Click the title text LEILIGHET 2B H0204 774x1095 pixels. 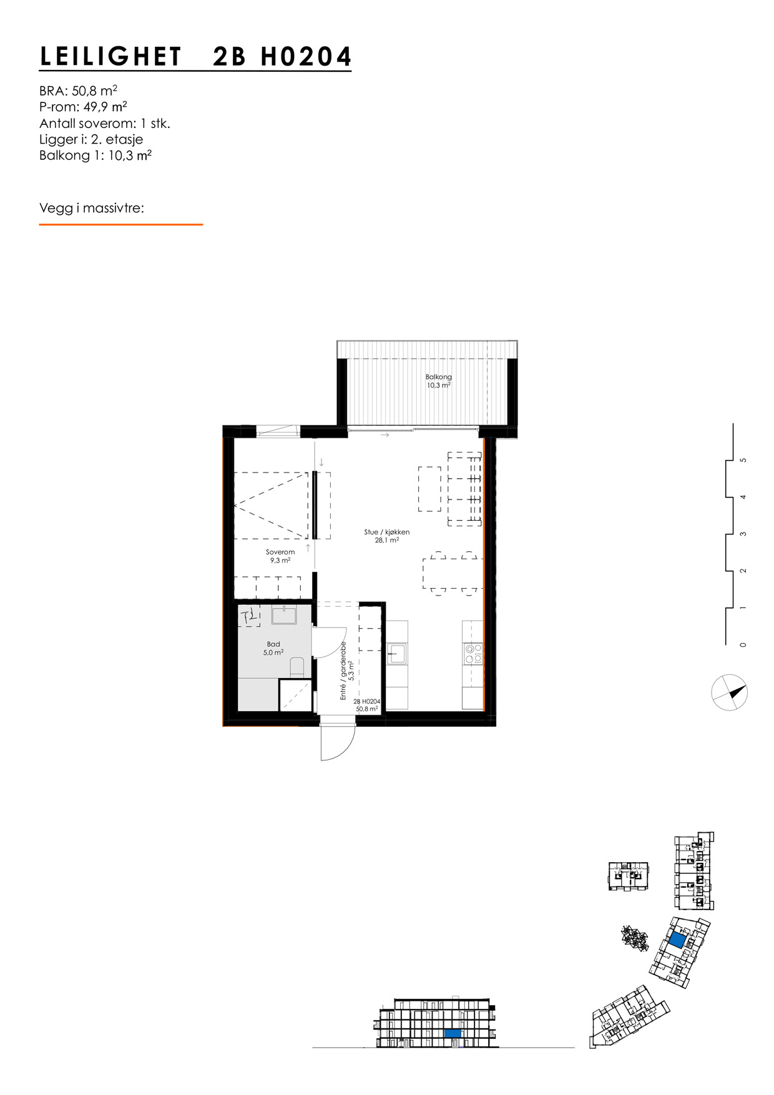point(195,57)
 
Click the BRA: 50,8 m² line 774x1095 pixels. point(78,91)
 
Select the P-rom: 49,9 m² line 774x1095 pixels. point(83,107)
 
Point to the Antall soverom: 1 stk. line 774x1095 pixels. point(104,123)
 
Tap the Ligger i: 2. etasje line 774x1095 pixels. point(91,139)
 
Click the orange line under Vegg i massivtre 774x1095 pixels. point(120,224)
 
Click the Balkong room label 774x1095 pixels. point(438,377)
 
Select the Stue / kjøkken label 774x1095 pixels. point(387,533)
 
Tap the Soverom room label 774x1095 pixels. point(280,552)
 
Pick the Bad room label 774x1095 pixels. point(273,644)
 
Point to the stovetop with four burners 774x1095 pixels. point(473,654)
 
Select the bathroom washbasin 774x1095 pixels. point(284,615)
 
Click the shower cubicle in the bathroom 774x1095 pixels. point(295,695)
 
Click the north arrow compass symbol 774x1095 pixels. point(730,692)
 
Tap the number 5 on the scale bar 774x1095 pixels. point(742,460)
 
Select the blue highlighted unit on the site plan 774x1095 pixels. point(677,940)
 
